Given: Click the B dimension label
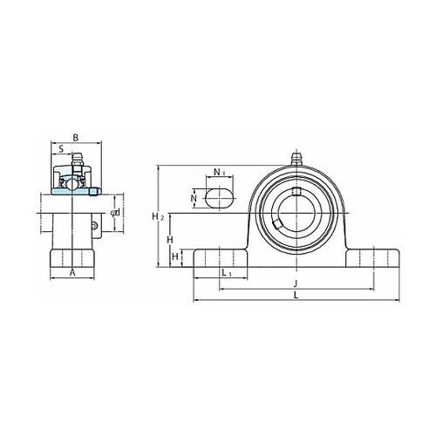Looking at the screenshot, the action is point(76,138).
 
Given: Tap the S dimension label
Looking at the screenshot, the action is point(61,149).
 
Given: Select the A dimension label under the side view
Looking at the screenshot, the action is point(72,273).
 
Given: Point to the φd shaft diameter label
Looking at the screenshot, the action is point(116,213).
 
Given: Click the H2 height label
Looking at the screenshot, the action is point(158,216).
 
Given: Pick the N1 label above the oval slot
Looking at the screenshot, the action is point(220,172).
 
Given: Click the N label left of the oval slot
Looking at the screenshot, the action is point(194,198).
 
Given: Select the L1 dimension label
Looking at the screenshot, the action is point(227,273).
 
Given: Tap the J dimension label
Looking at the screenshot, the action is point(296,283).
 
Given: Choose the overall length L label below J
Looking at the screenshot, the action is point(296,296).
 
